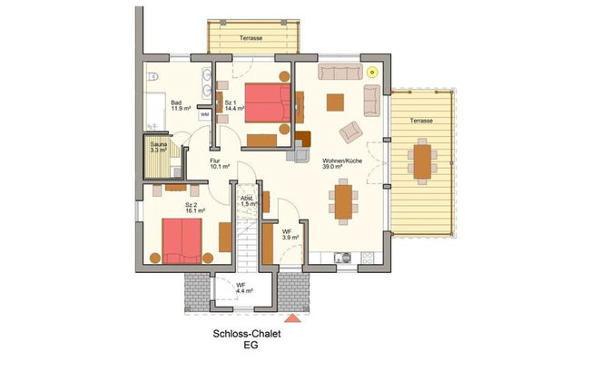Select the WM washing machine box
tap(204, 115)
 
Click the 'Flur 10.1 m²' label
tap(219, 162)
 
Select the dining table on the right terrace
tap(421, 160)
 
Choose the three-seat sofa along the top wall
tap(339, 72)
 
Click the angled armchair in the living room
tap(350, 133)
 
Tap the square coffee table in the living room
tap(336, 101)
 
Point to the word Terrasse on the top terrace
tap(252, 38)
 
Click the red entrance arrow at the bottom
tap(292, 318)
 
